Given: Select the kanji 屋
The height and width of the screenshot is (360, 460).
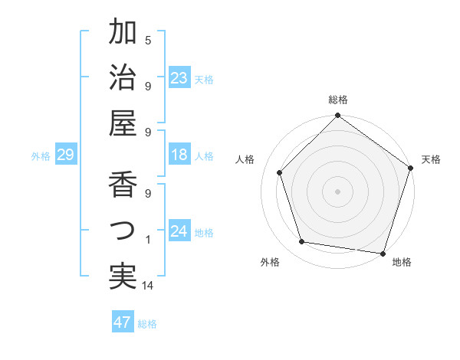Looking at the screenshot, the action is [123, 123].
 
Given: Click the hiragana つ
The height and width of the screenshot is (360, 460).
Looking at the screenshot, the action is [123, 231].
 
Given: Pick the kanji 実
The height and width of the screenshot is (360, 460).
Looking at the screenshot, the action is [123, 277].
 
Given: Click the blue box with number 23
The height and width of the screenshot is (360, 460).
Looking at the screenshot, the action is [179, 78].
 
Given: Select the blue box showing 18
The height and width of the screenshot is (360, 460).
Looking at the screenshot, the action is [179, 155].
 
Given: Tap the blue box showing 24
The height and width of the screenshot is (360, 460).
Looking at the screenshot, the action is [179, 231].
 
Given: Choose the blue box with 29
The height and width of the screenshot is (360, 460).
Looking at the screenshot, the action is [65, 155].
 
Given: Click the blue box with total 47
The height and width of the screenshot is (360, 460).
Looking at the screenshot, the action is [123, 322].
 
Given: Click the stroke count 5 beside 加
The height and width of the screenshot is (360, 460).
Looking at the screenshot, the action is [148, 40].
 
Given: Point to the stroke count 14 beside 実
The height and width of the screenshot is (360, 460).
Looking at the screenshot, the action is [148, 286].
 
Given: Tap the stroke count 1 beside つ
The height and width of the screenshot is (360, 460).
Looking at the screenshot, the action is [148, 240].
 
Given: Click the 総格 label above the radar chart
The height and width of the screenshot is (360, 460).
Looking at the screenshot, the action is [337, 100].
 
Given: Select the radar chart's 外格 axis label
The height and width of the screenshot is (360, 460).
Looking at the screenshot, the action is [270, 263].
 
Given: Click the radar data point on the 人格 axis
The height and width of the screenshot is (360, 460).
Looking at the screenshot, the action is [280, 172].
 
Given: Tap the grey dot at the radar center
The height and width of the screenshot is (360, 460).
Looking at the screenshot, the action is [337, 191].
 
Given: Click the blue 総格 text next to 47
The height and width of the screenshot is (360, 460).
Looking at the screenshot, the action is [147, 324].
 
